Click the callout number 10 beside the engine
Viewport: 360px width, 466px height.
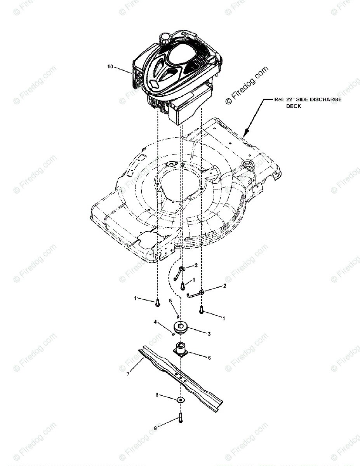click(110, 67)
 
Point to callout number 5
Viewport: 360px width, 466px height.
click(170, 301)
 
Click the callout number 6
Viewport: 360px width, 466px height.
click(209, 358)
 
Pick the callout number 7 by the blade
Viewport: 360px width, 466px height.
click(128, 375)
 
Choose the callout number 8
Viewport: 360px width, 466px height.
click(157, 395)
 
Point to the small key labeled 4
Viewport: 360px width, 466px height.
click(172, 333)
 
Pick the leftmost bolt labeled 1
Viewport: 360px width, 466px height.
click(158, 313)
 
